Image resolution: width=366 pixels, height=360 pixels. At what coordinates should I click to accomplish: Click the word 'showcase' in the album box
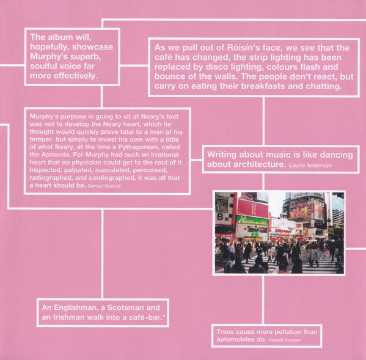92,47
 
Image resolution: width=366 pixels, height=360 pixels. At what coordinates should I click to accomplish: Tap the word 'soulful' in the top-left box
43,66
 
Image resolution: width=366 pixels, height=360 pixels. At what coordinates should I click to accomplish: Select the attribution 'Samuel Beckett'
104,186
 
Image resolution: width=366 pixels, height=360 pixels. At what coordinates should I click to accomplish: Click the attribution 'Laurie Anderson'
310,166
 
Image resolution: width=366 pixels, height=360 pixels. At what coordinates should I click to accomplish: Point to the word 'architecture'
258,164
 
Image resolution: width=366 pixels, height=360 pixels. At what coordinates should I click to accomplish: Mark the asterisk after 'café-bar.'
163,316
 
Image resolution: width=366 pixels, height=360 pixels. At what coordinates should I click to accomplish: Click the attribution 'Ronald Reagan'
284,340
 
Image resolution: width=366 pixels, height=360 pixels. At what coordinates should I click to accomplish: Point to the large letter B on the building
220,216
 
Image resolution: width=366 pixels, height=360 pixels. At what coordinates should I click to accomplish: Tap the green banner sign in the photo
252,220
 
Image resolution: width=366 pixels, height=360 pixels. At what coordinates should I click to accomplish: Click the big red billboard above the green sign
253,208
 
